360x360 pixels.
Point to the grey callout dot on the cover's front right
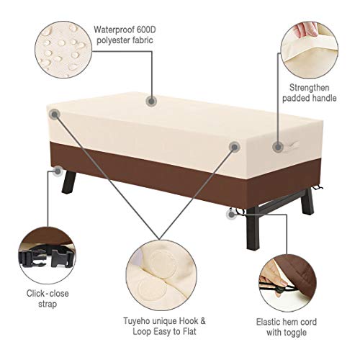tap(234, 147)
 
